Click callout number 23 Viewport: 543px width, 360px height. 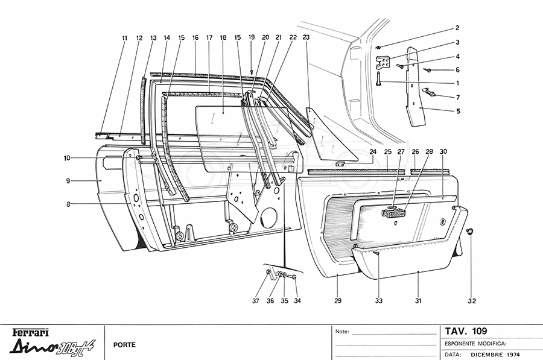(x=306, y=37)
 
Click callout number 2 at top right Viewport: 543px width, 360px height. (x=457, y=28)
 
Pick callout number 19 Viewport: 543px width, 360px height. (x=252, y=37)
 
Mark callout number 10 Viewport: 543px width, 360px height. (x=68, y=158)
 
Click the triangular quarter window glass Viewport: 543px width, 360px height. (x=326, y=136)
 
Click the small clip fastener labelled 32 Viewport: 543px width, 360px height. (x=471, y=232)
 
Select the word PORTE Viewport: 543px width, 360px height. (x=124, y=345)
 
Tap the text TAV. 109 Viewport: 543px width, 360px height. (x=465, y=330)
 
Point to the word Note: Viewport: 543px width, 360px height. (x=342, y=332)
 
